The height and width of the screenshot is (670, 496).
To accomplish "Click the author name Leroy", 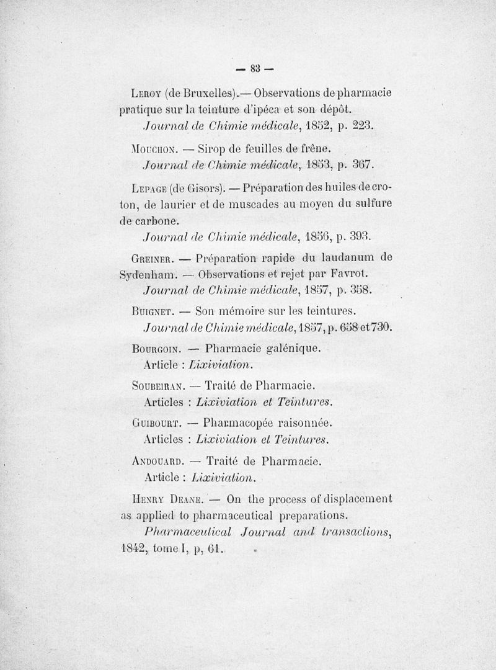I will (x=147, y=94).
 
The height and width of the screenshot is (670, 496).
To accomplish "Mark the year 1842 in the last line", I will (x=133, y=549).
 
